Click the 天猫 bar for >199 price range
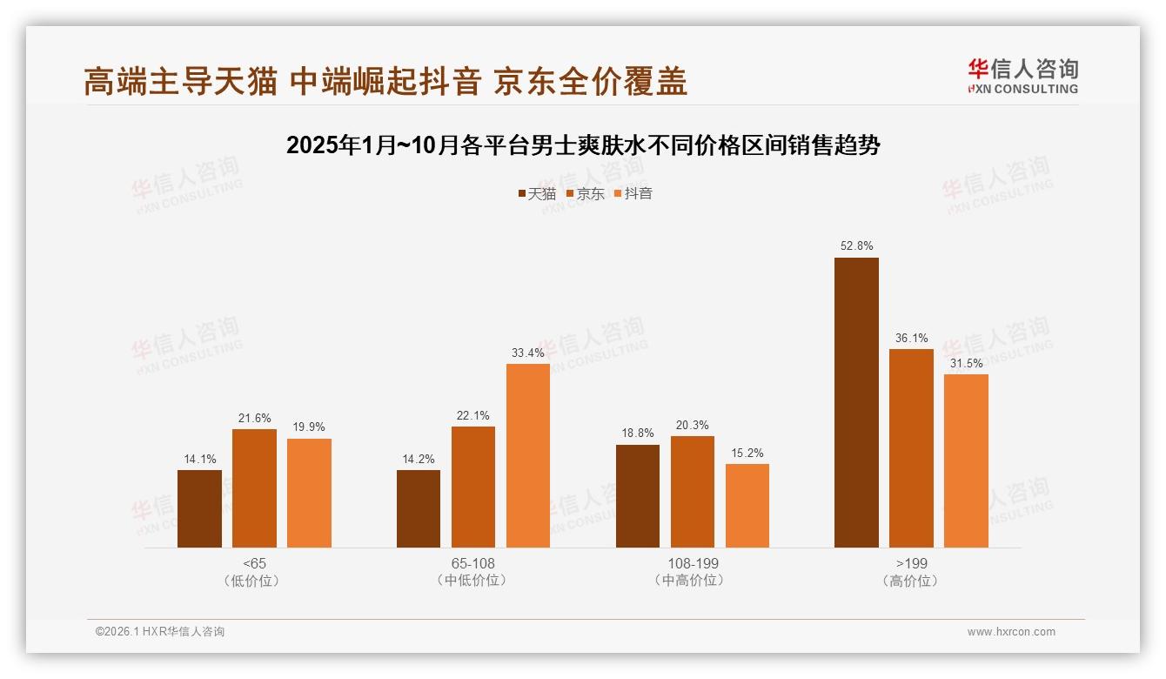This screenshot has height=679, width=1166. (856, 402)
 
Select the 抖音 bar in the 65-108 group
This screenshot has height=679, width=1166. (528, 455)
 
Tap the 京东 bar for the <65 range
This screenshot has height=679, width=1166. (254, 488)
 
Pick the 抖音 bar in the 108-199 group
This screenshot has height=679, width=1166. (747, 506)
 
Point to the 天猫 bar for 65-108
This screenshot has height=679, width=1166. (419, 508)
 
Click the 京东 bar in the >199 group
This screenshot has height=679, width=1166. (911, 448)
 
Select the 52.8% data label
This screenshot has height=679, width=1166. (856, 246)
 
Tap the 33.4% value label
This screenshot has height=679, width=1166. (528, 353)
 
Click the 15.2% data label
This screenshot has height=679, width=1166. (747, 453)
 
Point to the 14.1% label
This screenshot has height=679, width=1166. (199, 459)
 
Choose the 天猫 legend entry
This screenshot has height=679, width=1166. (537, 194)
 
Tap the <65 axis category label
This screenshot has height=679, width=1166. (254, 563)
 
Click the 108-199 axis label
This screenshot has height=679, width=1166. (693, 563)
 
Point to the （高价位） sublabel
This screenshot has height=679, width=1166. (911, 581)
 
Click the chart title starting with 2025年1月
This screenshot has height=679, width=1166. (583, 145)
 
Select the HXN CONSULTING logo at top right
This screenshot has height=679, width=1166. (1022, 77)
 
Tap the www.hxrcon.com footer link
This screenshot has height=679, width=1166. (1011, 632)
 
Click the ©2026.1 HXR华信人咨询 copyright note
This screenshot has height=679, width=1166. (160, 632)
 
